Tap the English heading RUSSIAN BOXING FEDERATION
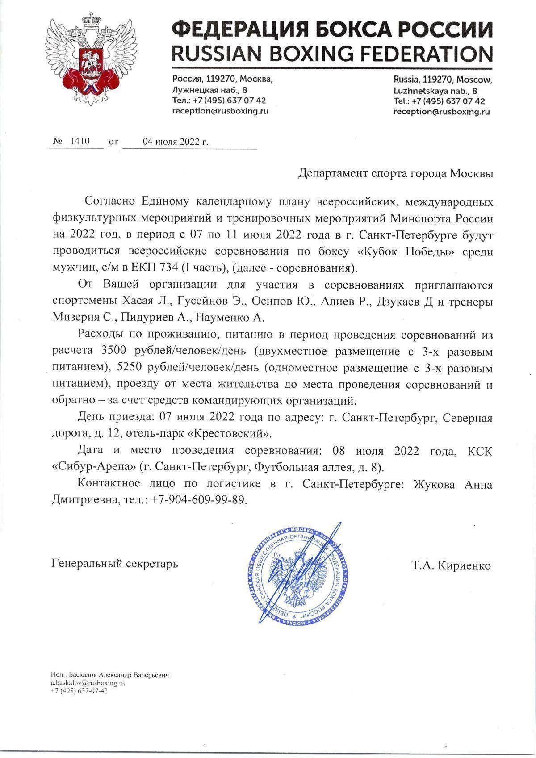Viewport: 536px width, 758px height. (x=333, y=54)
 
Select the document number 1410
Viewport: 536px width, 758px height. (x=80, y=142)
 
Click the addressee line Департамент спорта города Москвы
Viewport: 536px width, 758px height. (x=396, y=173)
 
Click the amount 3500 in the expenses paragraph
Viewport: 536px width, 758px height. (x=115, y=352)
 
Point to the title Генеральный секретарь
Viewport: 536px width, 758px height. (x=115, y=564)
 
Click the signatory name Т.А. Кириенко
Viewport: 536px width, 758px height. (x=452, y=565)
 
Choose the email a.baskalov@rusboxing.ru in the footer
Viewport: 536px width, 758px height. (x=87, y=683)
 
